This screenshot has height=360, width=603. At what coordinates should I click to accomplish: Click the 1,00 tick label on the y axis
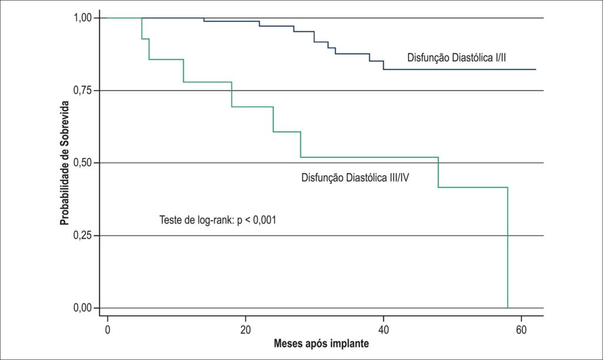tap(82, 18)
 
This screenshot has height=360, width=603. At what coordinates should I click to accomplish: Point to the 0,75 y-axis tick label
tap(82, 90)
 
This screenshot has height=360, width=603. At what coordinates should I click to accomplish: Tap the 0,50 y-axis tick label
tap(82, 163)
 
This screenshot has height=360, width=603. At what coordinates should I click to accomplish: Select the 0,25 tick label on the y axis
tap(82, 236)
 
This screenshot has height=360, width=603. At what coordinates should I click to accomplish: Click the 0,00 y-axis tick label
tap(82, 308)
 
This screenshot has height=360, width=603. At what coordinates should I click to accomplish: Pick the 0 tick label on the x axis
tap(108, 330)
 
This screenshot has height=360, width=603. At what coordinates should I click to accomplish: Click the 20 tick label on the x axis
tap(246, 330)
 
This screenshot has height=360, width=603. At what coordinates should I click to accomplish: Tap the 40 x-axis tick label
tap(383, 330)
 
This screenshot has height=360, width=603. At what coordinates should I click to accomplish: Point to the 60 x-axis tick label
tap(521, 330)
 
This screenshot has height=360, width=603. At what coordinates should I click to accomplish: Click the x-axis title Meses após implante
tap(321, 344)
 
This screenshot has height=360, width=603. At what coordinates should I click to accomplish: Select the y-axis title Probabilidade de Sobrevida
tap(65, 163)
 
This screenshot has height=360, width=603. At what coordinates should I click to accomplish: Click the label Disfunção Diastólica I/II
tap(456, 58)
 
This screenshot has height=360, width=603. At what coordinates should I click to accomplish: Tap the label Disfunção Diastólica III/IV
tap(355, 178)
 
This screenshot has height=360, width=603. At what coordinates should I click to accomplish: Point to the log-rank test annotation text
tap(218, 220)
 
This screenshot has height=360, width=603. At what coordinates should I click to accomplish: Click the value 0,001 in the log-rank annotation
tap(264, 220)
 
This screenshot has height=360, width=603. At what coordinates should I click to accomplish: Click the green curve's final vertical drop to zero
tap(508, 247)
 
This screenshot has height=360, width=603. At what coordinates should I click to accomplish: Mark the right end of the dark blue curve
tap(536, 70)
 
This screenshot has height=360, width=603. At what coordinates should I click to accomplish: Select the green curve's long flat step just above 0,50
tap(369, 157)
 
